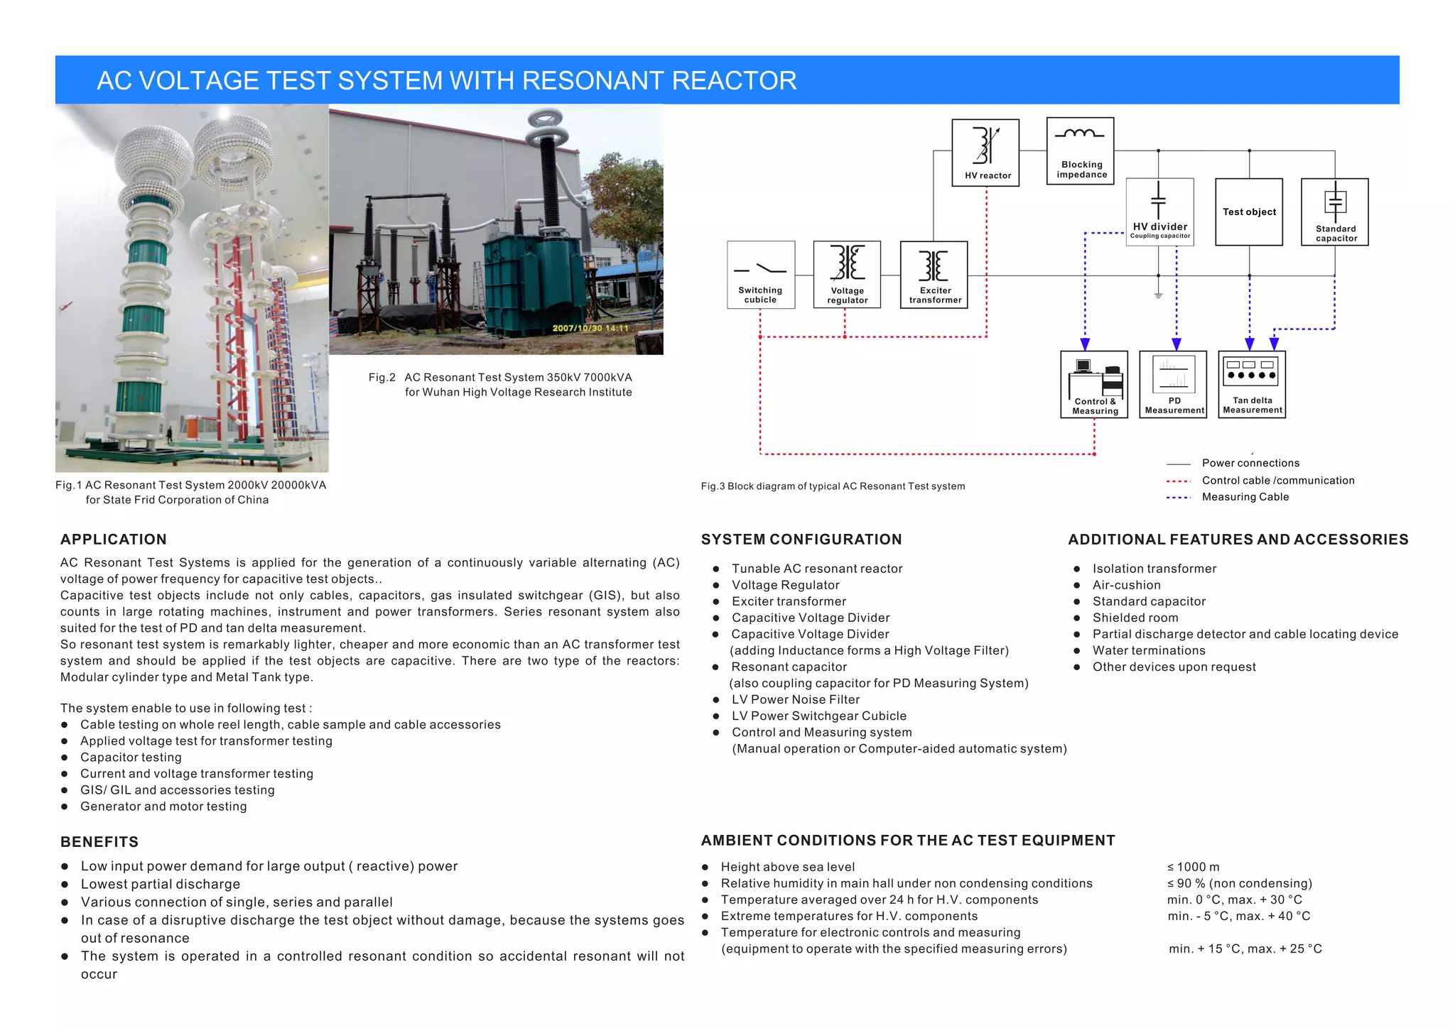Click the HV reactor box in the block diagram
[x=985, y=153]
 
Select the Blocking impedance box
[x=1080, y=151]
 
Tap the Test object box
[x=1249, y=212]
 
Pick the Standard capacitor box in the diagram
[x=1334, y=212]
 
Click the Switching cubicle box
[x=761, y=275]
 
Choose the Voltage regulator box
[x=847, y=275]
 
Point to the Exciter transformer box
[x=934, y=275]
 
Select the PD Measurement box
[x=1173, y=384]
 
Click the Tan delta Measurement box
[x=1252, y=384]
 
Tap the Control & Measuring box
[x=1094, y=384]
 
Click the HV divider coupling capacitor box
[x=1159, y=212]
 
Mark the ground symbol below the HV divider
[x=1158, y=295]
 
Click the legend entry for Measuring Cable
[x=1245, y=497]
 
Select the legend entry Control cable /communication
[x=1277, y=481]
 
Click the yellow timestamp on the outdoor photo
[x=590, y=328]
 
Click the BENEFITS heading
[x=99, y=842]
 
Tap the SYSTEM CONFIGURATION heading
[x=801, y=540]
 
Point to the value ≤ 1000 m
[x=1193, y=867]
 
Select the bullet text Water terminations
[x=1149, y=650]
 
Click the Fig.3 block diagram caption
[x=833, y=486]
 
